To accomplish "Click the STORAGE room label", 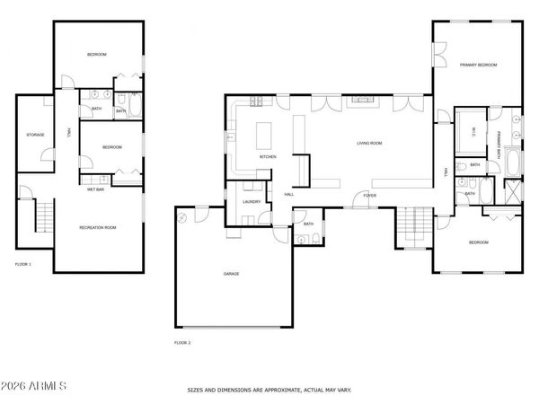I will tap(35, 136).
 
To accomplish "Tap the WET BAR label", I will tap(97, 189).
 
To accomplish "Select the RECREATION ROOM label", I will tap(98, 228).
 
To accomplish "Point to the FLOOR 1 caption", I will tap(23, 264).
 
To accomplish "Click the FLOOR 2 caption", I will tap(181, 342).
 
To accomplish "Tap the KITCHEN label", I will tap(268, 157).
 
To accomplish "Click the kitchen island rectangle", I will tap(265, 135).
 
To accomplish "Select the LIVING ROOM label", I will tap(369, 143).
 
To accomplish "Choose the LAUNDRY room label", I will tap(251, 202).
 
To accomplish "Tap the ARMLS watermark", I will tap(35, 386).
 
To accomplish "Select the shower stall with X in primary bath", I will tap(514, 191).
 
